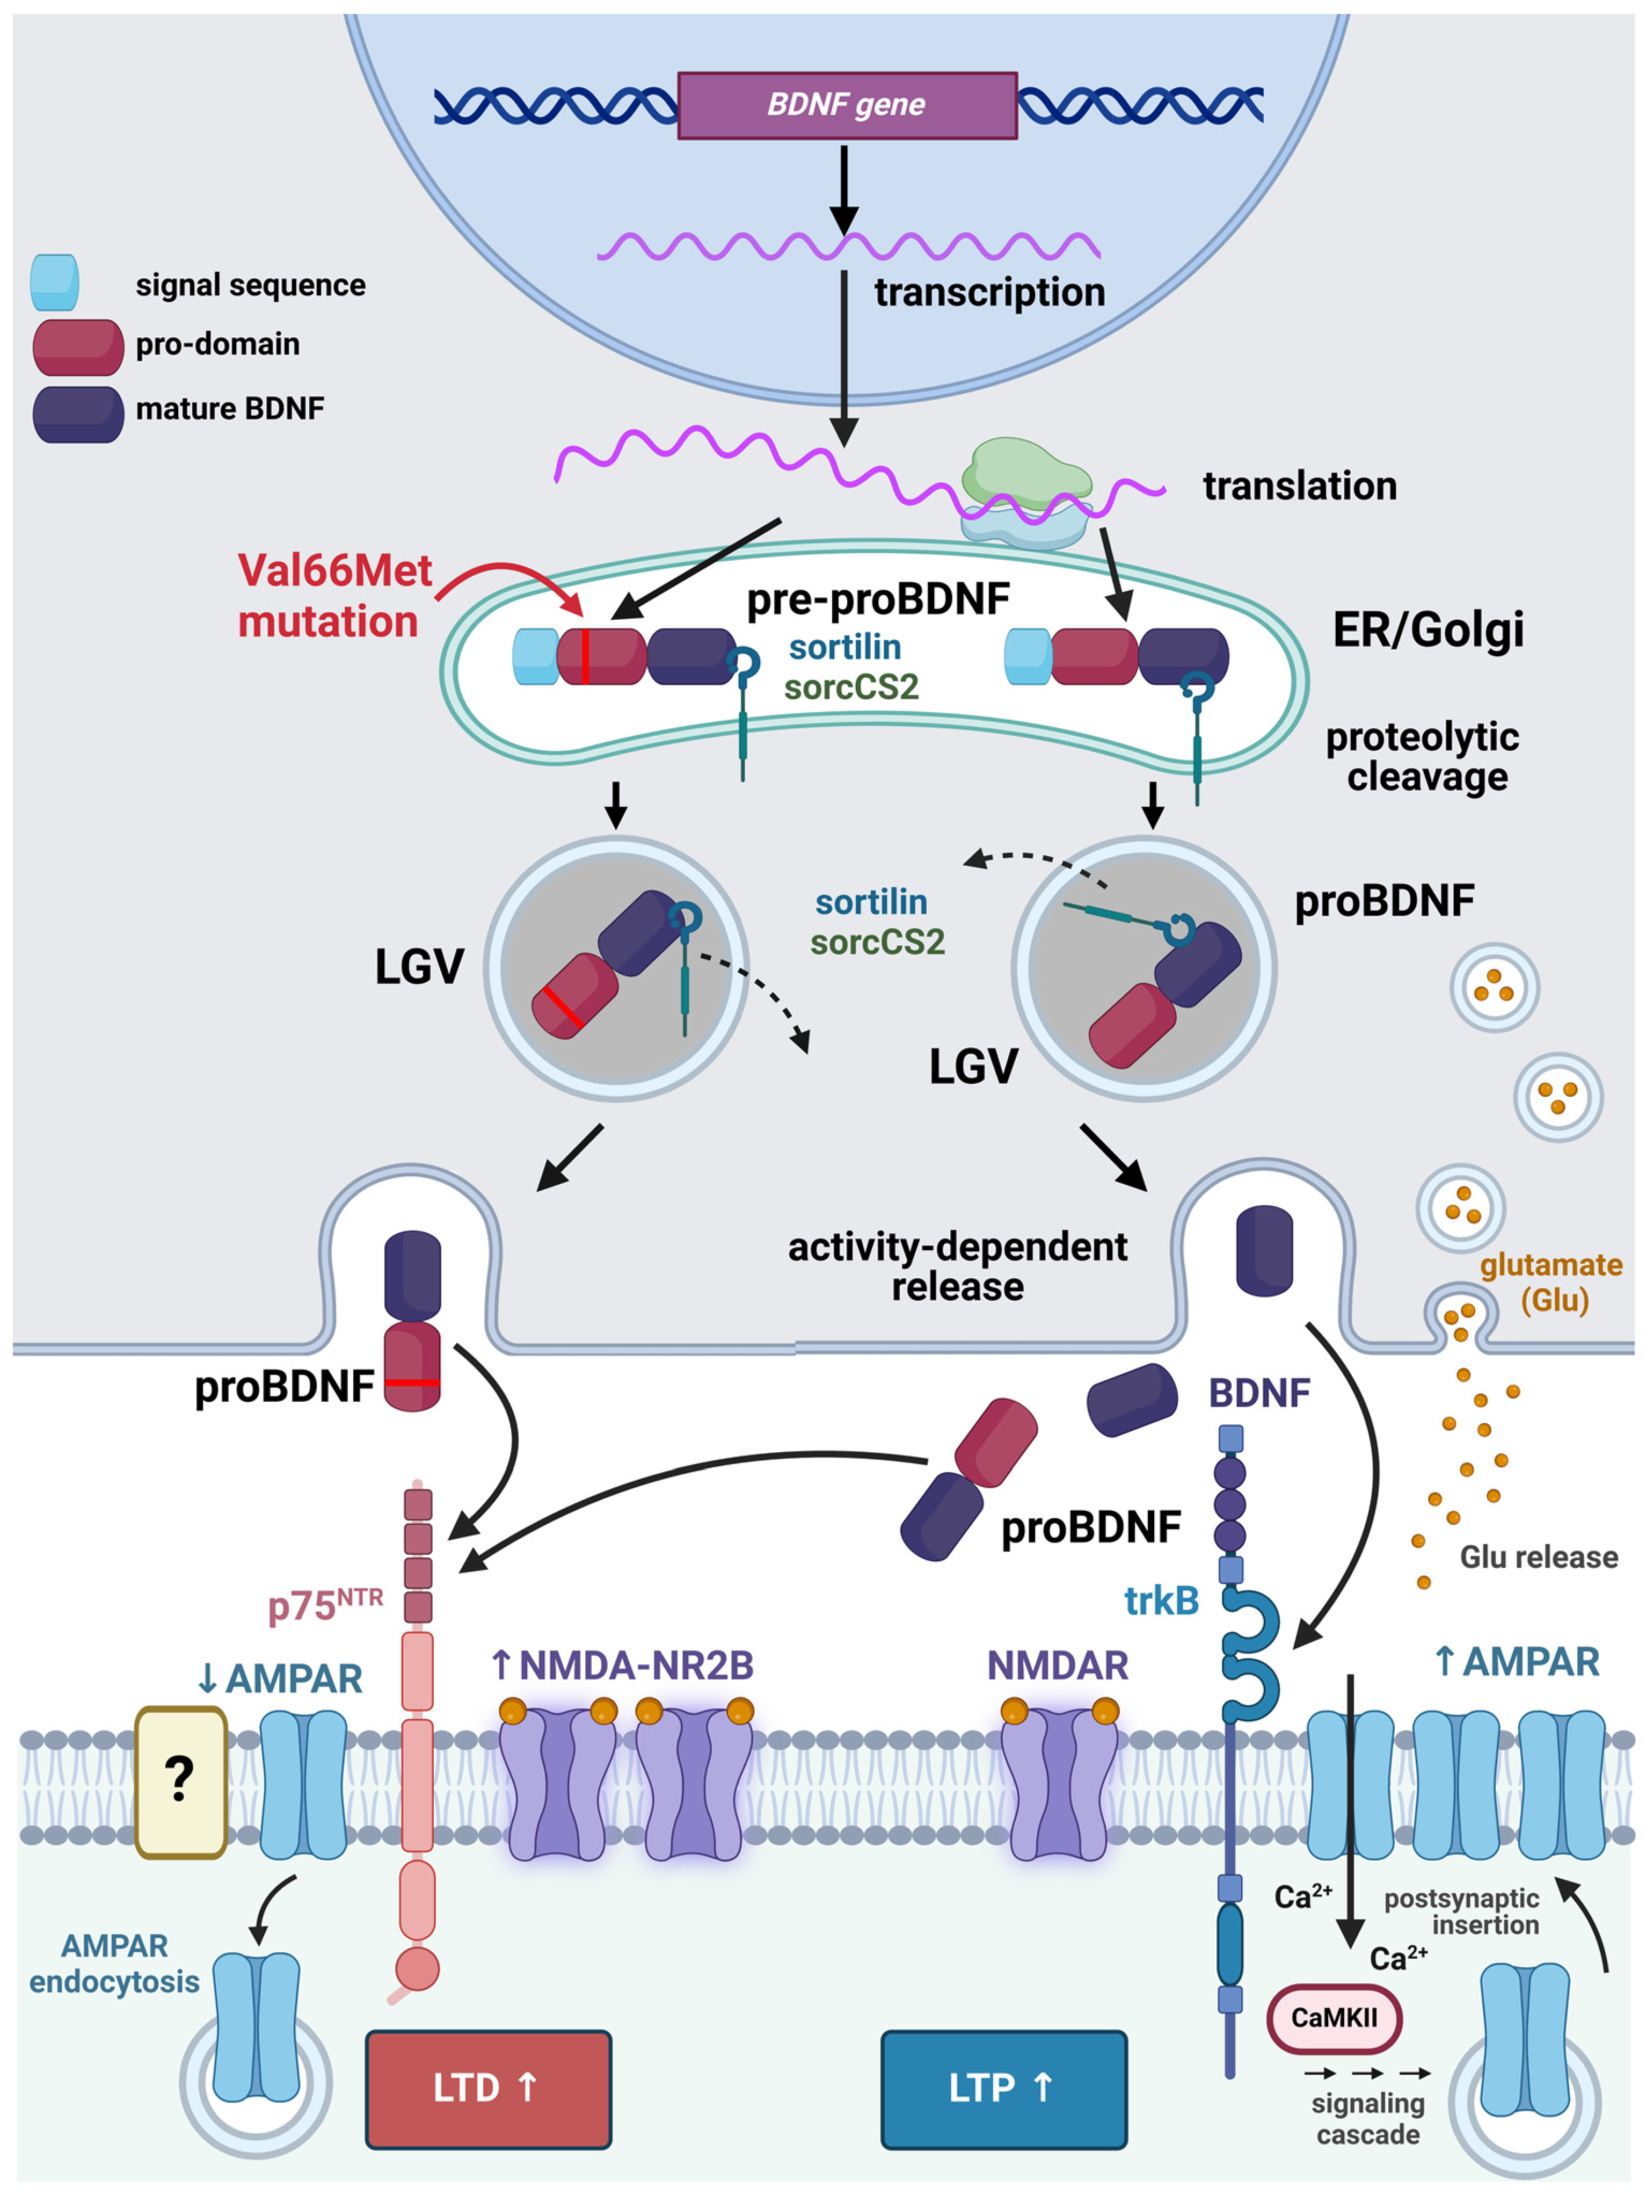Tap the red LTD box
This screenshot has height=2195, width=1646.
click(x=488, y=2087)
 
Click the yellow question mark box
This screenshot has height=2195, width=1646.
click(x=180, y=1781)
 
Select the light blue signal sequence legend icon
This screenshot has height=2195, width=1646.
click(x=55, y=283)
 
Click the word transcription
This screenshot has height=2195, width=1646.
click(x=989, y=293)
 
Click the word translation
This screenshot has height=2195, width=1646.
click(x=1299, y=486)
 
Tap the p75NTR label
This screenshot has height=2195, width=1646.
click(x=324, y=1605)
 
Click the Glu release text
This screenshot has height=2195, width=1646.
click(x=1538, y=1557)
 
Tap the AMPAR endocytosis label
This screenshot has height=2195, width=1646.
click(x=114, y=1963)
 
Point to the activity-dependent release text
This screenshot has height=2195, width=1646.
click(x=957, y=1266)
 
